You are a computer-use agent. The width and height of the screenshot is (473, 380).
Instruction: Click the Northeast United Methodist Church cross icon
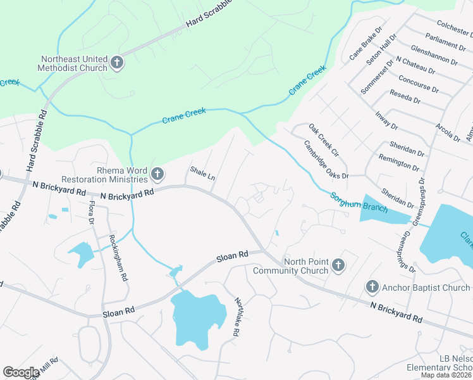pyautogui.click(x=116, y=62)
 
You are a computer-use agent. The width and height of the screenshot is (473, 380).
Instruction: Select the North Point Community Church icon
pyautogui.click(x=338, y=265)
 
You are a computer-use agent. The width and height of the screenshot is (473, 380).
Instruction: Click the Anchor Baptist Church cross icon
pyautogui.click(x=372, y=288)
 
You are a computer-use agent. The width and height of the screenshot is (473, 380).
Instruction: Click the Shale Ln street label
pyautogui.click(x=202, y=174)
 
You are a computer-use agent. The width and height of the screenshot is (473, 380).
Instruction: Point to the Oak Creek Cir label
pyautogui.click(x=324, y=141)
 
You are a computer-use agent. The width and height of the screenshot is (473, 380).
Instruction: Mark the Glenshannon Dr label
pyautogui.click(x=434, y=55)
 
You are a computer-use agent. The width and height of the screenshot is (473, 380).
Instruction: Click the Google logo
pyautogui.click(x=21, y=372)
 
